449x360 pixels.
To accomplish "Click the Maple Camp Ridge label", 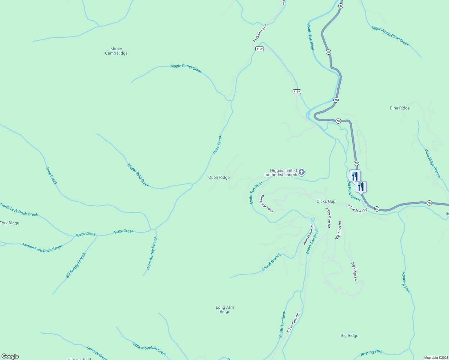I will (x=116, y=51).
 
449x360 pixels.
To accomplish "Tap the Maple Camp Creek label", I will (x=186, y=68).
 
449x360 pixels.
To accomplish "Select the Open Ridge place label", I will (x=219, y=178).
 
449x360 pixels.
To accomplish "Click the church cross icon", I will (x=302, y=172).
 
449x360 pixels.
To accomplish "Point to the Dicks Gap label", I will (x=326, y=202).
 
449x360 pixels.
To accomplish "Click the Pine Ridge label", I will (x=399, y=108).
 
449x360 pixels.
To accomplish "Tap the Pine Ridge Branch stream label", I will (x=432, y=164).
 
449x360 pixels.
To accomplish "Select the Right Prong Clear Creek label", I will (x=390, y=36).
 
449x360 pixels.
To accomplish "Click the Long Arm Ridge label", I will (x=225, y=309).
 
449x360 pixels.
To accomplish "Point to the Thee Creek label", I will (x=51, y=175).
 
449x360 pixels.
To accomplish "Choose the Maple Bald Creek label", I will (x=138, y=175).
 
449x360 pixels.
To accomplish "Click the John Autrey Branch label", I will (x=152, y=253).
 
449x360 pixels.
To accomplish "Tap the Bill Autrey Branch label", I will (x=76, y=265).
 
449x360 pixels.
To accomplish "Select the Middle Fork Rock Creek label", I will (x=42, y=248).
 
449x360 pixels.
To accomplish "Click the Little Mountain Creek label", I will (x=149, y=349).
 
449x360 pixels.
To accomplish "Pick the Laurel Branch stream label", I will (x=271, y=262).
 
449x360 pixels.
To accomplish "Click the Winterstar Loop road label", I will (x=266, y=204).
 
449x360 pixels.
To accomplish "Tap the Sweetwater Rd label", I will (x=308, y=235).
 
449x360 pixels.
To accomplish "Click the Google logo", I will (x=10, y=356).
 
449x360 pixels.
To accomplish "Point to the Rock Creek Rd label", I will (x=260, y=33).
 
